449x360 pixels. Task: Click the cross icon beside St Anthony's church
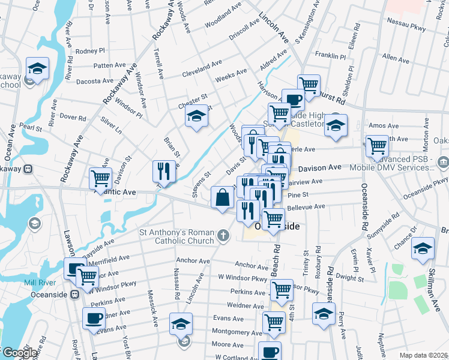tap(223, 236)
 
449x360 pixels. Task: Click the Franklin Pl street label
tap(330, 55)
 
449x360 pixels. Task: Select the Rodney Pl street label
tap(90, 51)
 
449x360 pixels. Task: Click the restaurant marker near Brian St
tap(163, 172)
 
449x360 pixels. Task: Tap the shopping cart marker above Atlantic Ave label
tap(100, 178)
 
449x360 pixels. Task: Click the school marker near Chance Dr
tap(423, 248)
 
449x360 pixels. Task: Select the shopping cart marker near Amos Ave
tap(377, 146)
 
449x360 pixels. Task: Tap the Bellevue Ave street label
tap(306, 207)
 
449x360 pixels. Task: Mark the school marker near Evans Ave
tap(180, 324)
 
